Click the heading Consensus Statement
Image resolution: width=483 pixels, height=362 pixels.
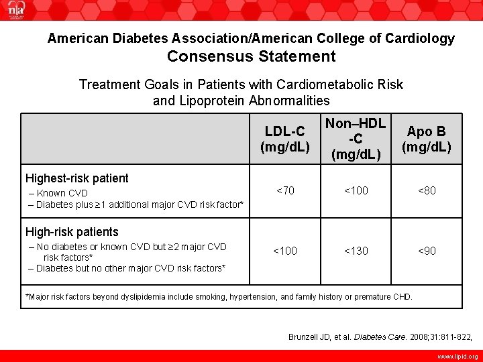pyautogui.click(x=251, y=56)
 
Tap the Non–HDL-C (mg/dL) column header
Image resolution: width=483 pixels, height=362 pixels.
pyautogui.click(x=356, y=139)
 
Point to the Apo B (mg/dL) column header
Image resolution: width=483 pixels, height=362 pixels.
pyautogui.click(x=427, y=139)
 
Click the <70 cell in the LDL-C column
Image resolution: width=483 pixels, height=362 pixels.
pyautogui.click(x=284, y=190)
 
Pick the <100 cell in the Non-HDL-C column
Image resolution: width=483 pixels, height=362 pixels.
pyautogui.click(x=356, y=190)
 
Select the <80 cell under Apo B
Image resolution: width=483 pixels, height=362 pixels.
pyautogui.click(x=427, y=190)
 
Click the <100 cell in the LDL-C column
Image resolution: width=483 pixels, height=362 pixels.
pyautogui.click(x=284, y=251)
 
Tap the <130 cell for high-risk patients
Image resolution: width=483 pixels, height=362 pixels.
pyautogui.click(x=356, y=251)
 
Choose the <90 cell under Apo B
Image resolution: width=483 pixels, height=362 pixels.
pyautogui.click(x=427, y=251)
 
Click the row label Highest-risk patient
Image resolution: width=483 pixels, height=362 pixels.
pyautogui.click(x=76, y=178)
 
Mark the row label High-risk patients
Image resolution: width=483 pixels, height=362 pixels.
pyautogui.click(x=72, y=232)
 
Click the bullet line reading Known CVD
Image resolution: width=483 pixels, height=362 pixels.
pyautogui.click(x=60, y=193)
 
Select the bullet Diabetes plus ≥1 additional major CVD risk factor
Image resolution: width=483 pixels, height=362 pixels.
pyautogui.click(x=139, y=204)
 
